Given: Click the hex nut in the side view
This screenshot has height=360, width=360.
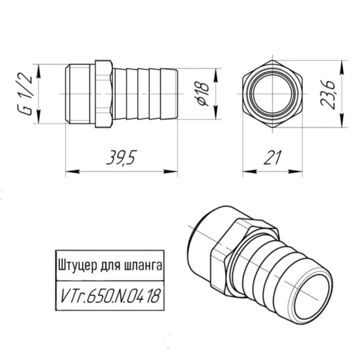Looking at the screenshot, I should [104, 94].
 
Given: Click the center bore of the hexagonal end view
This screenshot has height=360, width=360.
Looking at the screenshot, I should [272, 94].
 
